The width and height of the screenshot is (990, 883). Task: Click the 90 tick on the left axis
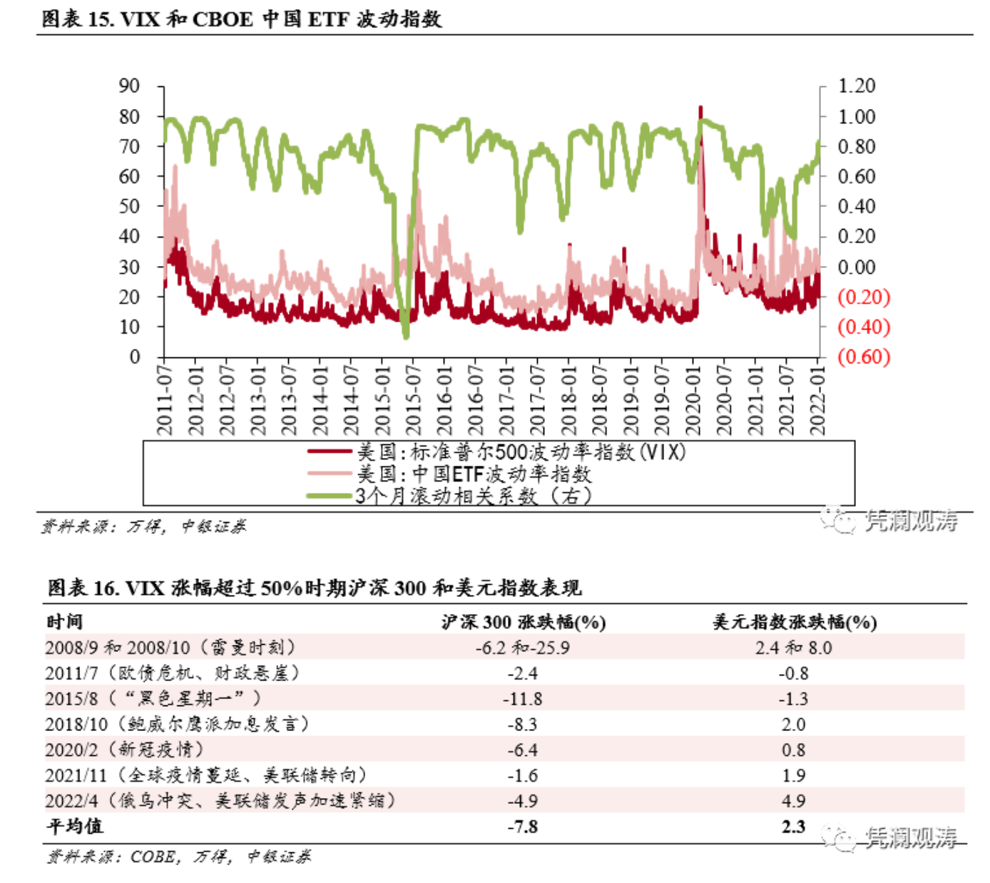pyautogui.click(x=129, y=86)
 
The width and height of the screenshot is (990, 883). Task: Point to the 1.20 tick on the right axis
pyautogui.click(x=856, y=86)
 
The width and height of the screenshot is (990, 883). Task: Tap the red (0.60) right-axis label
pyautogui.click(x=863, y=357)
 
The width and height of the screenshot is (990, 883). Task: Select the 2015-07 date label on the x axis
pyautogui.click(x=414, y=399)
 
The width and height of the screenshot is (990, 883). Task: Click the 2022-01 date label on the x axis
pyautogui.click(x=817, y=399)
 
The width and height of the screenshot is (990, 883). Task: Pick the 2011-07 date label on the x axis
pyautogui.click(x=165, y=399)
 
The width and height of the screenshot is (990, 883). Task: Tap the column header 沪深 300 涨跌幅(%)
pyautogui.click(x=523, y=622)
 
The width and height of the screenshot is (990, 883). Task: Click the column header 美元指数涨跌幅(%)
pyautogui.click(x=794, y=622)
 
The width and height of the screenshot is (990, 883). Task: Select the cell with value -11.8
pyautogui.click(x=523, y=699)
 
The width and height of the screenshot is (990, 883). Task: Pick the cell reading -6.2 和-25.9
pyautogui.click(x=523, y=648)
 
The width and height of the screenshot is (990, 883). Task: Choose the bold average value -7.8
pyautogui.click(x=523, y=827)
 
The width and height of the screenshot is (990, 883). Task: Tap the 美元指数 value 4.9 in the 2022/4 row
pyautogui.click(x=793, y=801)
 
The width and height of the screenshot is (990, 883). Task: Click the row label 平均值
pyautogui.click(x=75, y=827)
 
